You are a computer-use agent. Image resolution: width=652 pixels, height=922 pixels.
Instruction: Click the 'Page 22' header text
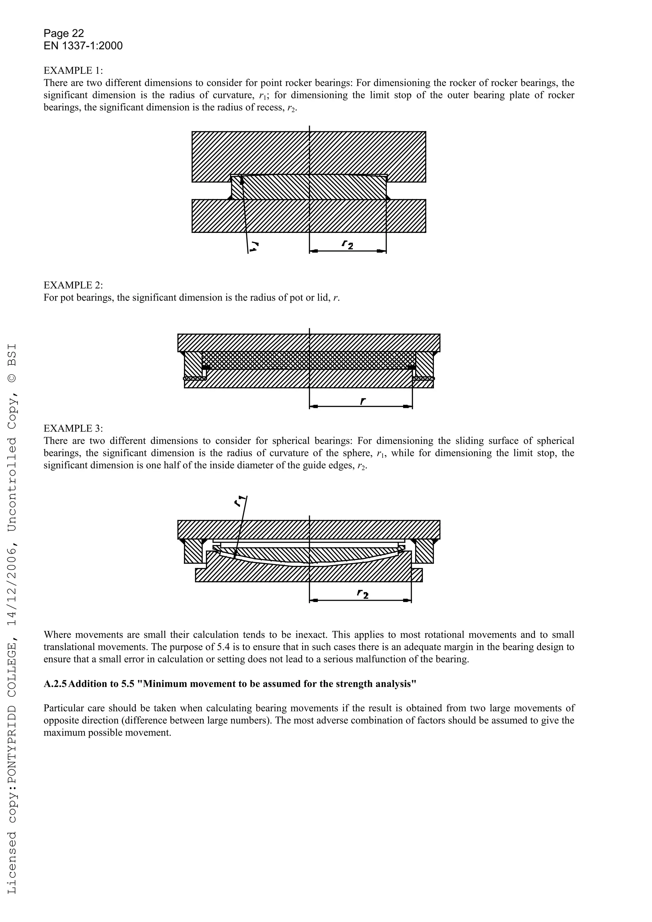click(63, 33)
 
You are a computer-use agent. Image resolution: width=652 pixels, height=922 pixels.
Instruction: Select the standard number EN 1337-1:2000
click(83, 46)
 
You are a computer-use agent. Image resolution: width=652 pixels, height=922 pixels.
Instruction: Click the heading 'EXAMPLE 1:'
click(73, 71)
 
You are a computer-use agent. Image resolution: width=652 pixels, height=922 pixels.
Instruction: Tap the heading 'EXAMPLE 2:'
click(73, 285)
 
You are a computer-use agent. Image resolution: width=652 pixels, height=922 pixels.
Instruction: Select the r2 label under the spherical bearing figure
click(362, 594)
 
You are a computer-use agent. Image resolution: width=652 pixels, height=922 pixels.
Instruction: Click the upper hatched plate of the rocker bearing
click(308, 153)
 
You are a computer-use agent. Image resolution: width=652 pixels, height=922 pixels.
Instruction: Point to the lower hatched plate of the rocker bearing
click(308, 217)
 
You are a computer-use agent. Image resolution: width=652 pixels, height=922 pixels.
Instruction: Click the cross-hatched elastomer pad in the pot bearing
click(308, 360)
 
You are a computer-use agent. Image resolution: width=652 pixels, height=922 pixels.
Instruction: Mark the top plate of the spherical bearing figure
click(308, 529)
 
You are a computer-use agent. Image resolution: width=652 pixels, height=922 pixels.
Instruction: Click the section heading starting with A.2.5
click(230, 684)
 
